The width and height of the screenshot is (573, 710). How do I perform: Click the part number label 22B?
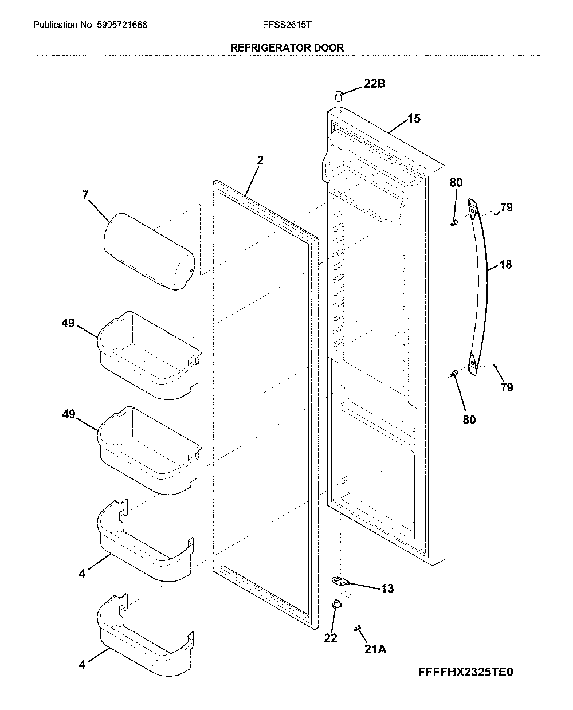(374, 83)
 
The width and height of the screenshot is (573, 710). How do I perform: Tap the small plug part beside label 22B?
(338, 96)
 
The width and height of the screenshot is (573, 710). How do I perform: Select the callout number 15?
(414, 118)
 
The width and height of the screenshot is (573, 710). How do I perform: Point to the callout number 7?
(85, 195)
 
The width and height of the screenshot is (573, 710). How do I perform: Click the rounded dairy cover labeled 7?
(149, 252)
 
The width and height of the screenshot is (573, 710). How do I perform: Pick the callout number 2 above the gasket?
(260, 160)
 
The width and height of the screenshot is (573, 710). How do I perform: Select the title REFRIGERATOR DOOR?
(286, 48)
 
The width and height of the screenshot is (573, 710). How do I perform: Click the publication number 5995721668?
(122, 25)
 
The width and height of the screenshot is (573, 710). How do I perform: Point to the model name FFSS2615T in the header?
(287, 25)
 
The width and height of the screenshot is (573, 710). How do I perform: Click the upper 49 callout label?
(68, 323)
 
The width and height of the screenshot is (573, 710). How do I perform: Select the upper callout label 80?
(456, 182)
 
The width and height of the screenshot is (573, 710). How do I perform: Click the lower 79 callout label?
(507, 387)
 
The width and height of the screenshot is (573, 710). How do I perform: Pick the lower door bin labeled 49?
(149, 450)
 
